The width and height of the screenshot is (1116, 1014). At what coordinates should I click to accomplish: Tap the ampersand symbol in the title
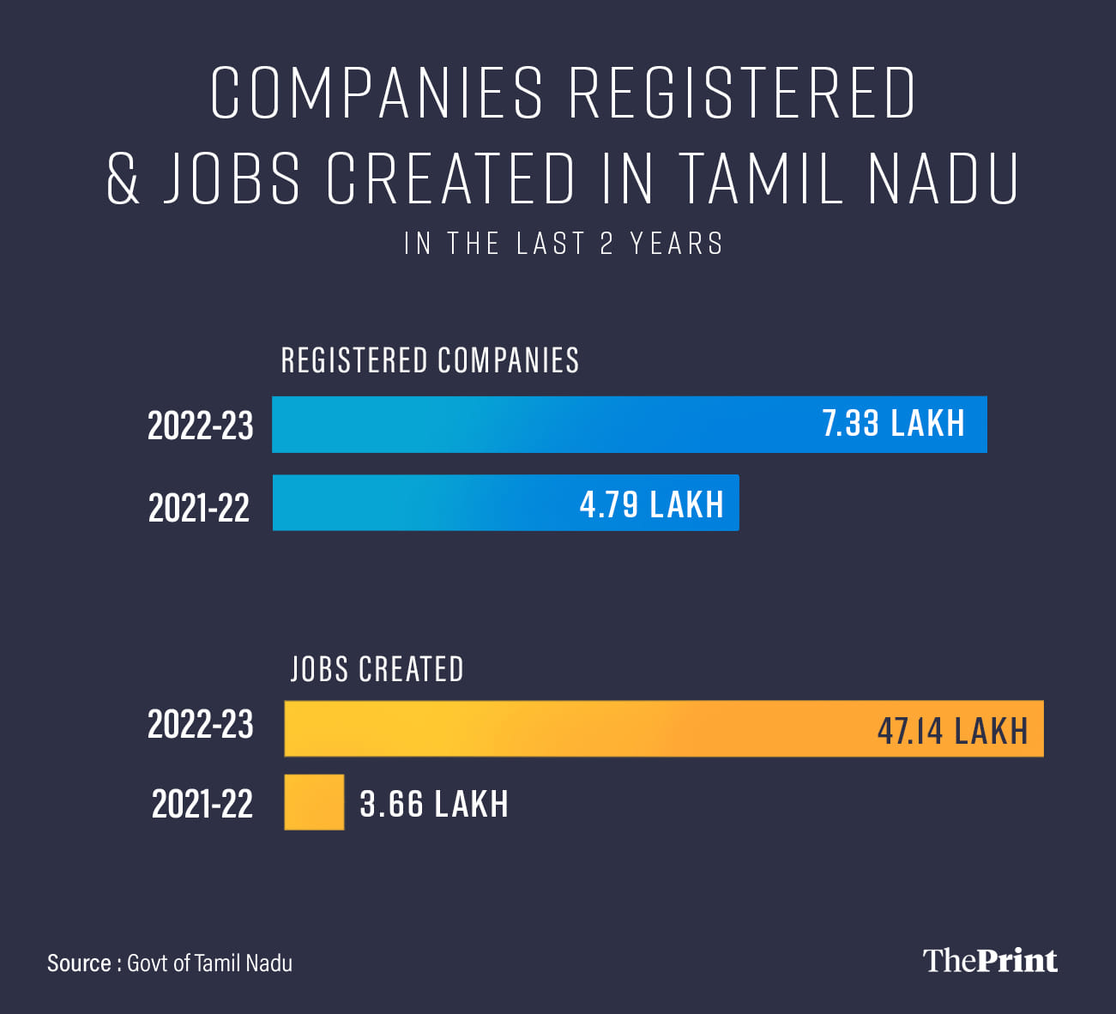[x=124, y=178]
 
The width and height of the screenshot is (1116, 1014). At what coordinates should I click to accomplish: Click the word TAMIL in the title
[x=760, y=178]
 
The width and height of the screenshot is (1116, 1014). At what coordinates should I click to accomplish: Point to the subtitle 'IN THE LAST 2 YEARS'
[x=564, y=244]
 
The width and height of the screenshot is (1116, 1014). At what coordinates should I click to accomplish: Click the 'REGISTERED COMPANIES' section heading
[x=430, y=360]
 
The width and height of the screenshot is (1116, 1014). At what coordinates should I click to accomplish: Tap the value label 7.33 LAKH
[x=893, y=424]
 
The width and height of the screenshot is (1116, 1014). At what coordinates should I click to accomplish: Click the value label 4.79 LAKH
[x=651, y=504]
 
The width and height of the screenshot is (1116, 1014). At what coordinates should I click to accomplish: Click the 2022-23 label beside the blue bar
[x=200, y=426]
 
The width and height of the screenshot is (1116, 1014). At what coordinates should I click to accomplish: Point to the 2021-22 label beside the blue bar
[x=199, y=508]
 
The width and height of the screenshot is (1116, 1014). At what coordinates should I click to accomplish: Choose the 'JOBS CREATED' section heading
[x=377, y=669]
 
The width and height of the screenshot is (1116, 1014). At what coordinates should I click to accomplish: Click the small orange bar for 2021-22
[x=314, y=802]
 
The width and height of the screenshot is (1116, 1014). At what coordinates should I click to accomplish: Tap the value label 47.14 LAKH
[x=952, y=731]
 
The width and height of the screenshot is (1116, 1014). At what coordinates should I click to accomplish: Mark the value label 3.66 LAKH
[x=434, y=805]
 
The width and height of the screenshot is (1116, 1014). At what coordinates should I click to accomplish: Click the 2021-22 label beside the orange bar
[x=202, y=805]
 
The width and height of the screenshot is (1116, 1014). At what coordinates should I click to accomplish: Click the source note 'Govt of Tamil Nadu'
[x=209, y=963]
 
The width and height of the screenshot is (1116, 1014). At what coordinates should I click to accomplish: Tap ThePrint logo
[x=990, y=961]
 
